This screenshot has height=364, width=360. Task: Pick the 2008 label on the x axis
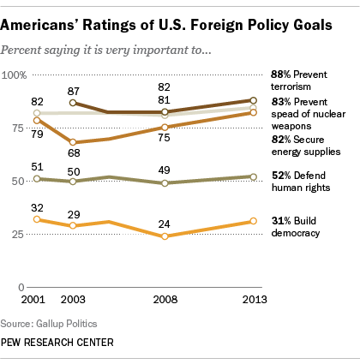click(165, 299)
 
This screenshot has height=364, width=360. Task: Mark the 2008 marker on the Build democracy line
click(165, 236)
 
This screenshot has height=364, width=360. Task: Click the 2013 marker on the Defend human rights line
click(251, 176)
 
